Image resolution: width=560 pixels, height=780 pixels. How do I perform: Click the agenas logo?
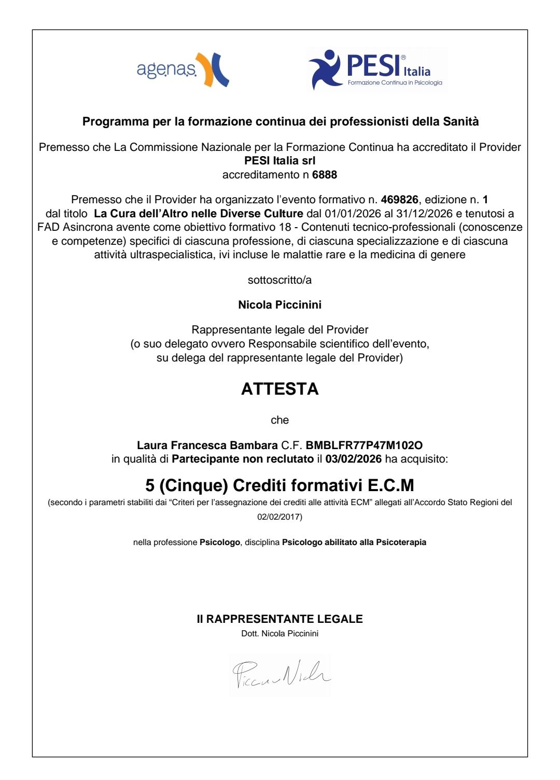[x=183, y=69]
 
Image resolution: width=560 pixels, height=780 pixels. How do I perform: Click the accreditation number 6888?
[x=325, y=175]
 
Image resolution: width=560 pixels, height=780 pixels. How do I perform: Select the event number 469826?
[x=399, y=200]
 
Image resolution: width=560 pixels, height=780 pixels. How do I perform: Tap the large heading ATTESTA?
[x=279, y=389]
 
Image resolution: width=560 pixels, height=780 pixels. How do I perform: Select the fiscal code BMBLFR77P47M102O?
[x=364, y=445]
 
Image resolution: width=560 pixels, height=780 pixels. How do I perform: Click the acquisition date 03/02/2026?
[x=354, y=459]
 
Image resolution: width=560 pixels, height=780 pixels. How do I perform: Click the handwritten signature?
[x=281, y=674]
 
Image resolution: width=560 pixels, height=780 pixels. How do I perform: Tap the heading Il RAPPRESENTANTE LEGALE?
[x=279, y=619]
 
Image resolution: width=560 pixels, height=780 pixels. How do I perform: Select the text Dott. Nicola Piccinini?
[x=279, y=634]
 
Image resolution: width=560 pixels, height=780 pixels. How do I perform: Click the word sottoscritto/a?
[x=279, y=280]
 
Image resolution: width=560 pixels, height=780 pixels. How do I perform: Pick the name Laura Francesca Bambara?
[x=207, y=445]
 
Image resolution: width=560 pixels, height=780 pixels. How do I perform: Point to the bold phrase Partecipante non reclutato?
[x=242, y=459]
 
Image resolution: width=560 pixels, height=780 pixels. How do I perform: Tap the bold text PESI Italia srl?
[x=279, y=161]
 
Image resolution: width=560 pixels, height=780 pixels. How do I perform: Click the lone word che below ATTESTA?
[x=279, y=420]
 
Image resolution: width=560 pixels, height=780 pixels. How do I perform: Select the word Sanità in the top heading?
[x=460, y=122]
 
